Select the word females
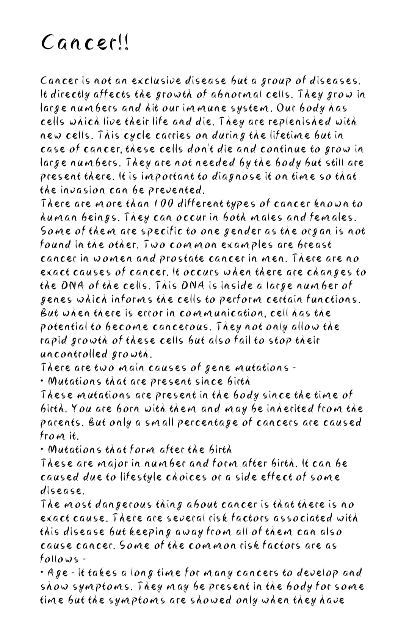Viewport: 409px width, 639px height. pos(335,218)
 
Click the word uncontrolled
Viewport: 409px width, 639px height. pos(74,354)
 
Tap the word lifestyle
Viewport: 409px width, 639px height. pos(137,477)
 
